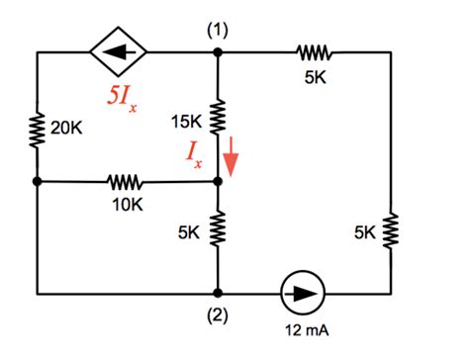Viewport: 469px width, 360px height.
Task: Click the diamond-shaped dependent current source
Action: [119, 52]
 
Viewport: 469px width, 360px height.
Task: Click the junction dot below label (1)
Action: [218, 52]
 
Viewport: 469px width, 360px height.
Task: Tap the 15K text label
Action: [187, 122]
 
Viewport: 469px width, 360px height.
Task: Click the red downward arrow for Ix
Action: [232, 154]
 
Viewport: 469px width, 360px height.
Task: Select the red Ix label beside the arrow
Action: [201, 156]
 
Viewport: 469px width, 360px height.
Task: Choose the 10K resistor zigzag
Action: [126, 182]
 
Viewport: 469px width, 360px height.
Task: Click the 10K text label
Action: [128, 206]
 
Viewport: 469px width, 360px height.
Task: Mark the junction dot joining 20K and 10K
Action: [38, 182]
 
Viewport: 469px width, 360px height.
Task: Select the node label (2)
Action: [218, 316]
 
